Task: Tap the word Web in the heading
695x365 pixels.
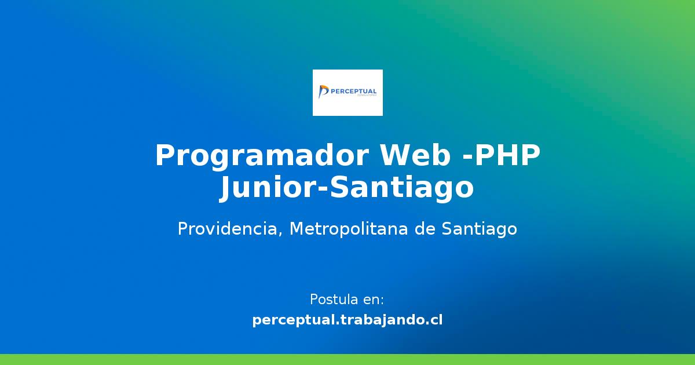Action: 415,155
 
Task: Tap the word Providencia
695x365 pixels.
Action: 228,229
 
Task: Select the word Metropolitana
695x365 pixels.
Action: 349,229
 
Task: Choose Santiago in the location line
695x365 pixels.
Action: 480,229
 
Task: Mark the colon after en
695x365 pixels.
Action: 382,301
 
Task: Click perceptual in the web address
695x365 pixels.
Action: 294,320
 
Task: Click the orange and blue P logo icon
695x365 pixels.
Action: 323,92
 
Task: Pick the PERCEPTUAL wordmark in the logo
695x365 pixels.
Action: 353,92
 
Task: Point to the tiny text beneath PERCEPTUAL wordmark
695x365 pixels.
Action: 367,96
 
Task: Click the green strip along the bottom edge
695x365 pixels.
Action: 348,359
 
